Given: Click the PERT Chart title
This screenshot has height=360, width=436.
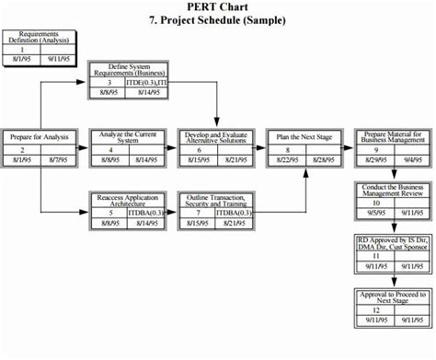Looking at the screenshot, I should (x=217, y=7).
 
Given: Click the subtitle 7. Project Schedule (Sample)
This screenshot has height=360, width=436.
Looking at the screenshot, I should (x=217, y=20).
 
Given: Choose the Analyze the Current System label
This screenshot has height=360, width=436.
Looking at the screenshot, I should (x=125, y=137).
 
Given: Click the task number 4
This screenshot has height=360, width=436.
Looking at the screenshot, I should (x=109, y=149).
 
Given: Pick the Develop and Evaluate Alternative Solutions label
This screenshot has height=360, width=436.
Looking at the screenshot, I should (x=214, y=137).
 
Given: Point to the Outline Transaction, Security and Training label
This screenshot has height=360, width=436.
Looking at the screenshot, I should (x=214, y=199).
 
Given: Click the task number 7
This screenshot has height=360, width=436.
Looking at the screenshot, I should (x=198, y=212).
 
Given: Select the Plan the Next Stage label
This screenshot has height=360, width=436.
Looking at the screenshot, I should (x=304, y=137).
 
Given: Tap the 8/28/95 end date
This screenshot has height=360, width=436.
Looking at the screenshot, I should (x=323, y=159).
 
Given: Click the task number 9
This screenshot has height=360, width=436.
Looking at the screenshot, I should (x=375, y=149).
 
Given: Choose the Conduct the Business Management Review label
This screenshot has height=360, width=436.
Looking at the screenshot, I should (x=393, y=190).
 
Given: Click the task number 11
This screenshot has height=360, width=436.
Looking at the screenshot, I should (x=375, y=255).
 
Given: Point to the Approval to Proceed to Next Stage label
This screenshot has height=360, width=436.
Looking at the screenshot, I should (x=393, y=296).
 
